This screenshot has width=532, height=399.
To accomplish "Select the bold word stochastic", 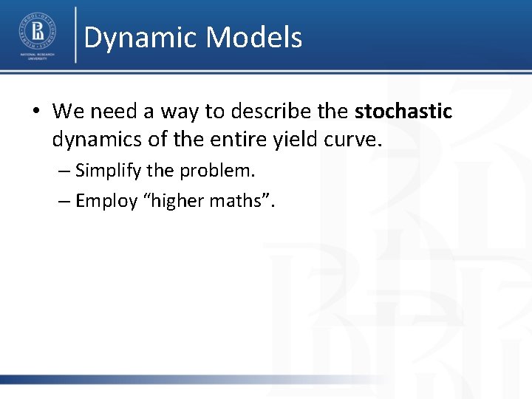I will (403, 112).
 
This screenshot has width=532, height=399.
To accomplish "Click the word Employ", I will (106, 201).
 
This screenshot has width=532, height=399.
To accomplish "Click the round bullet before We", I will (36, 112).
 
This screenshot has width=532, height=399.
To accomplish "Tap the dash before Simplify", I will (64, 171).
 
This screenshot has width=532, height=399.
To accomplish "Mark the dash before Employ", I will (64, 201).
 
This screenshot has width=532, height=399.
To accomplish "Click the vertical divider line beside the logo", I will (75, 35).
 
